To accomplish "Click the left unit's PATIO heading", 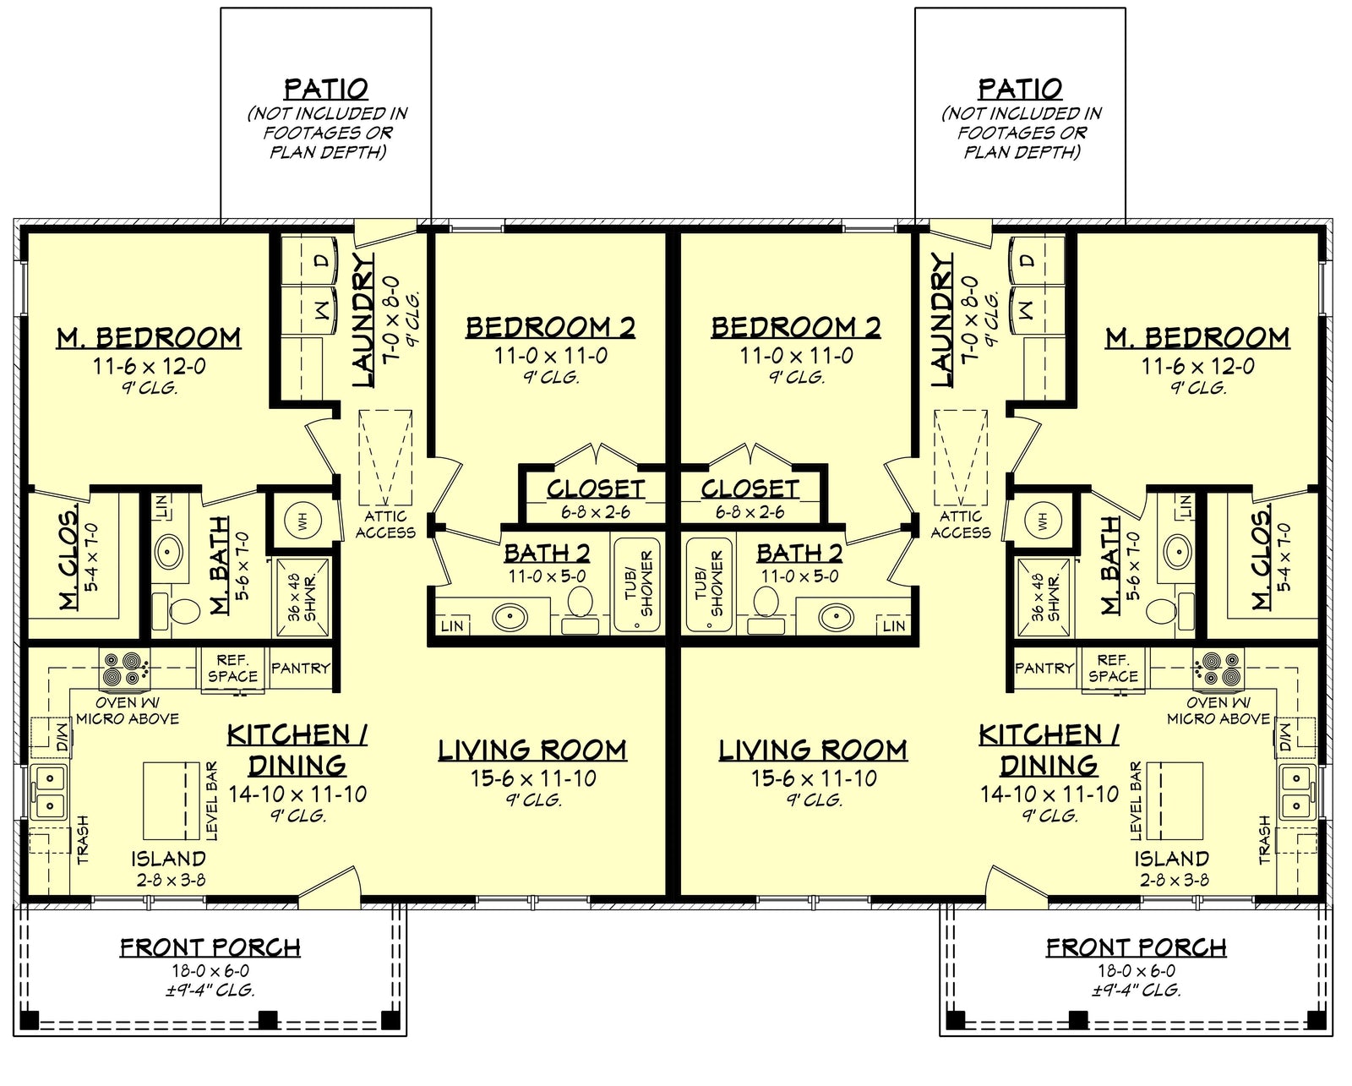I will point(326,89).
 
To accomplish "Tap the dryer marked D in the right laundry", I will point(1028,261).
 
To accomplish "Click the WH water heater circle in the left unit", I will point(301,521).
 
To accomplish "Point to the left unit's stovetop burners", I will point(123,669).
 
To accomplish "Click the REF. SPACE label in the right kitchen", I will point(1113,669).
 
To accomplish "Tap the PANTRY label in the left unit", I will point(301,668).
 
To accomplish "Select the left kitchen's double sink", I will point(49,793).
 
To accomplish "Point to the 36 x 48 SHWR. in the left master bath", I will point(301,597).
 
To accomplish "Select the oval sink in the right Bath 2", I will point(836,617).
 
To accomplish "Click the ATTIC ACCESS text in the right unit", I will point(961,524).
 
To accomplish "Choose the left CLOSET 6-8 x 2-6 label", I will point(595,499).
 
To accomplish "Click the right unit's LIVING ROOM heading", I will point(813,750).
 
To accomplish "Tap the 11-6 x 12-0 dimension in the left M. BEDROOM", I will point(149,367).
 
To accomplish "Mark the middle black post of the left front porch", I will point(267,1020).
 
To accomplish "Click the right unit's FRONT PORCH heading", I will point(1136,947).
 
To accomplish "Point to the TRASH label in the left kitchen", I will point(83,839).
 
